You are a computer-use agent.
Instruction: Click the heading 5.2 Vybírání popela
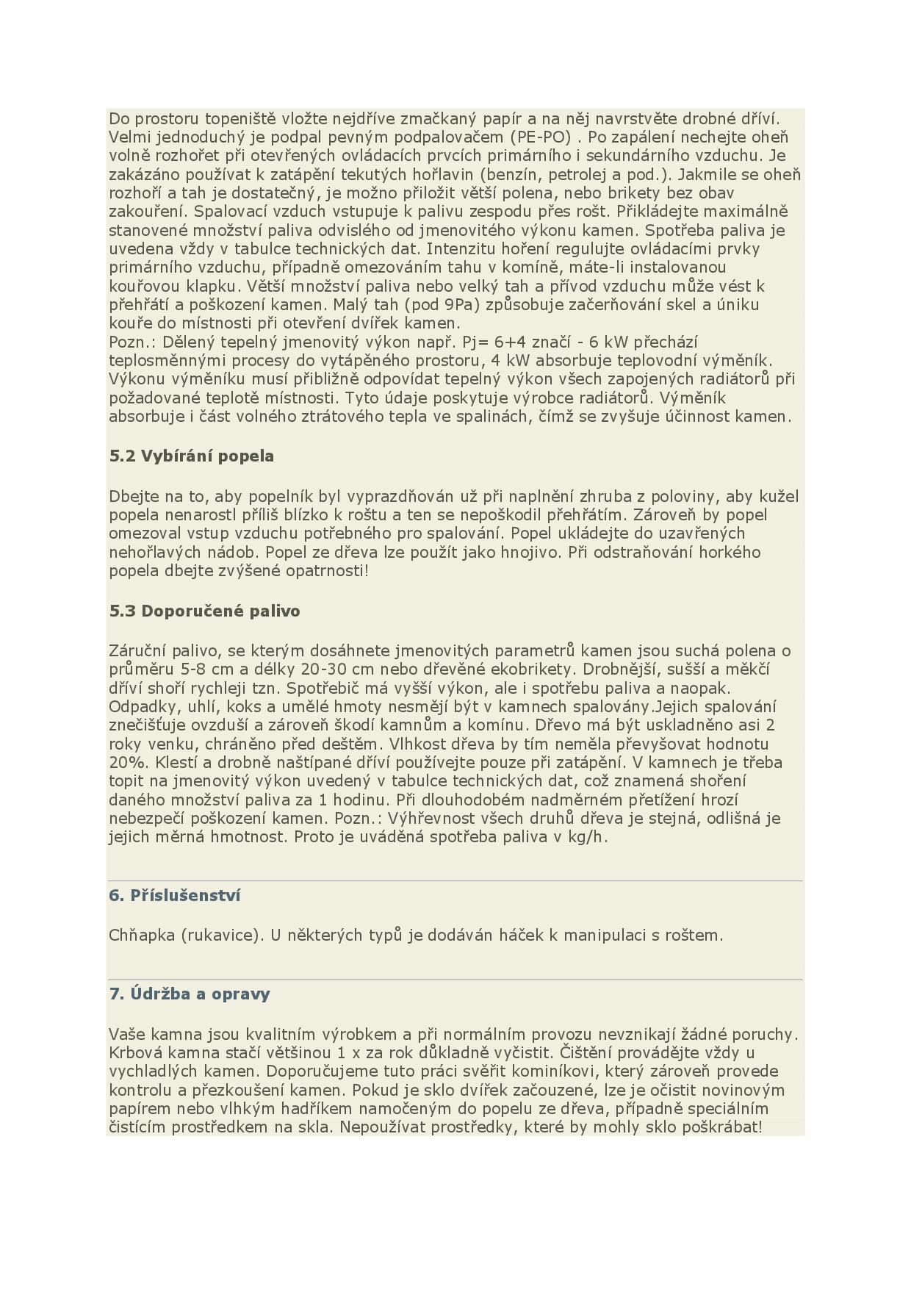point(191,456)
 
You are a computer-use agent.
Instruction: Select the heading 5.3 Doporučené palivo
point(204,611)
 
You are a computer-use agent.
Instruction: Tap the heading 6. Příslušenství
point(175,896)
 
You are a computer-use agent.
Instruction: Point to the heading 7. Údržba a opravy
point(190,994)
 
